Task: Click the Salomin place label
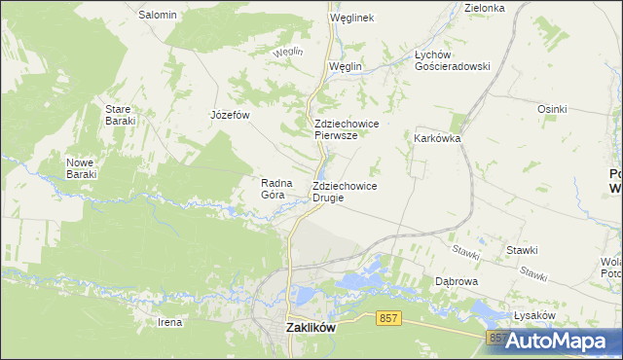[158, 15]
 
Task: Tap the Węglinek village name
[351, 18]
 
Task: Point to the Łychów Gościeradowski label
[452, 60]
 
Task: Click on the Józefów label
[231, 114]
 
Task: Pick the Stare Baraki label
[120, 114]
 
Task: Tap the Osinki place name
[552, 109]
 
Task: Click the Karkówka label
[437, 138]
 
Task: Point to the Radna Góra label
[273, 188]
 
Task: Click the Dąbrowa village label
[457, 281]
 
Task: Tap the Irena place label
[169, 321]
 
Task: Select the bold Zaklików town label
[311, 328]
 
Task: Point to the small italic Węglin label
[288, 51]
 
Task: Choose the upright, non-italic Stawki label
[522, 250]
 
